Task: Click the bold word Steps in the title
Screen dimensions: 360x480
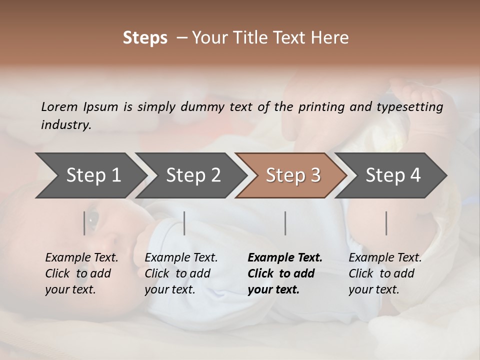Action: (145, 38)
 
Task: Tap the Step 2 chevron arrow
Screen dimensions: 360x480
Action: (192, 175)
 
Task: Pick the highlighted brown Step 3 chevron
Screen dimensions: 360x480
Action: (292, 175)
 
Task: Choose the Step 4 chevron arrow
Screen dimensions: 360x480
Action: (392, 175)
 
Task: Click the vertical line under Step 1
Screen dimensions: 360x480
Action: (84, 223)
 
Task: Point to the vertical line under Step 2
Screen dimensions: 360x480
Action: (184, 223)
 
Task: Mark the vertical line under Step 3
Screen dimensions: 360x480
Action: (285, 223)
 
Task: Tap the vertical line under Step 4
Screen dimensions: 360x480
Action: (386, 223)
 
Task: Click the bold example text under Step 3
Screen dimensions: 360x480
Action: (284, 273)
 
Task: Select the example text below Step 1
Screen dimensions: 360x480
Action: (81, 273)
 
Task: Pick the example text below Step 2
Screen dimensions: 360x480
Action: (181, 273)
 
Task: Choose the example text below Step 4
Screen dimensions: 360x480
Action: (385, 273)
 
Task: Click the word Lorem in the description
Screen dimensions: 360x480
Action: (59, 106)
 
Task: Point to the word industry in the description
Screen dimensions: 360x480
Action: (66, 124)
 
